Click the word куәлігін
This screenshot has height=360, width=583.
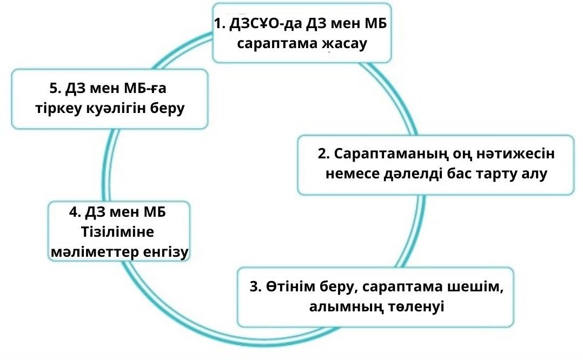[x=113, y=108]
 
